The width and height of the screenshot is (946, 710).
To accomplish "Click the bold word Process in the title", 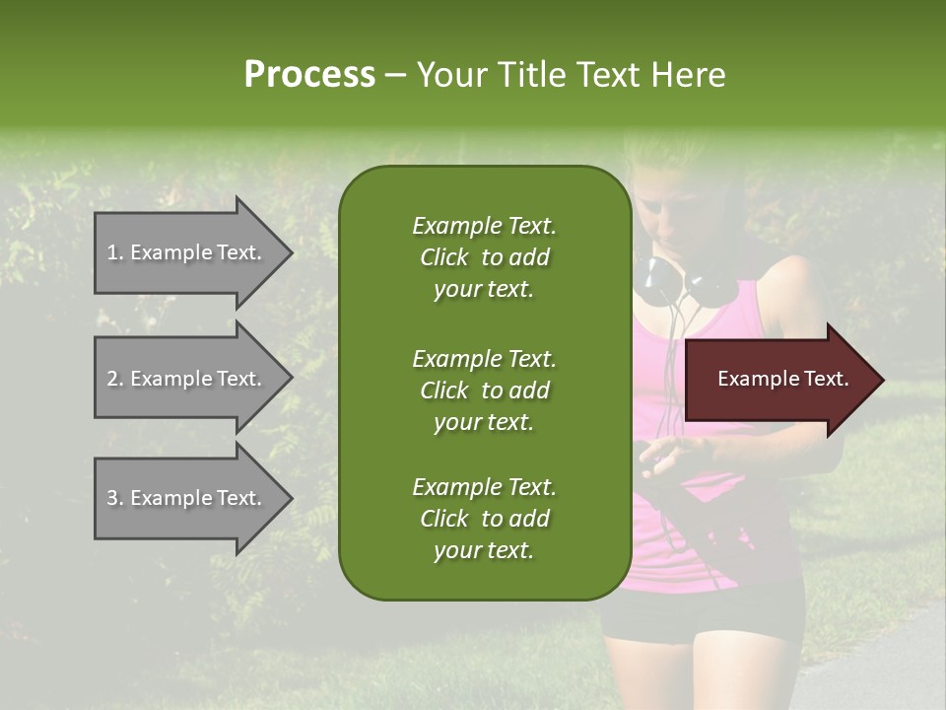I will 309,75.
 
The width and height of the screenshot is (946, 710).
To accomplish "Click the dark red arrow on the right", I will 778,380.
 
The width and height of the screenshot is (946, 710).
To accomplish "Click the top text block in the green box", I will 484,257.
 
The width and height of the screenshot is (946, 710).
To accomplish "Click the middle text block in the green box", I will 484,390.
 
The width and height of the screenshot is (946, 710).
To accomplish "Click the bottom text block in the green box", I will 484,519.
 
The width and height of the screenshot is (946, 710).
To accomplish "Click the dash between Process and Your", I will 395,75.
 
